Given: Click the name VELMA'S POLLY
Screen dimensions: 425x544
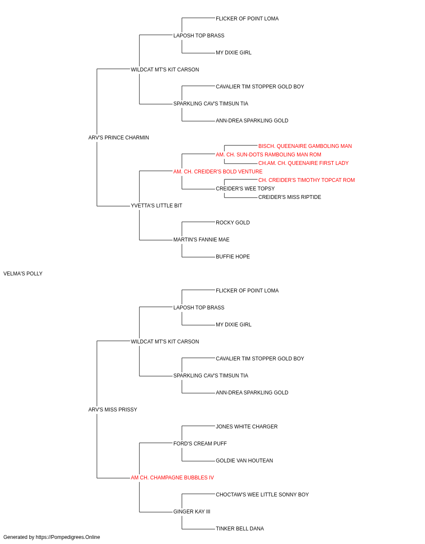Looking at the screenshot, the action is (x=23, y=274).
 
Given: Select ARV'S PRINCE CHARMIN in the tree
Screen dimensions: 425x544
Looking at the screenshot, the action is (x=119, y=138).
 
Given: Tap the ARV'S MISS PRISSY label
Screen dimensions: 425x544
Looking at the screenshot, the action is (x=113, y=410).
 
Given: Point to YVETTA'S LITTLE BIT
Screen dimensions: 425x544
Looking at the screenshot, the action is (x=156, y=206).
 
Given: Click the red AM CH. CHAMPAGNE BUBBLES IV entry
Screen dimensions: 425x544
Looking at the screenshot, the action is (x=172, y=478).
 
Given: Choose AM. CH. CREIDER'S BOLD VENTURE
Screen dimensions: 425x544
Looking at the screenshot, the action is (x=218, y=171).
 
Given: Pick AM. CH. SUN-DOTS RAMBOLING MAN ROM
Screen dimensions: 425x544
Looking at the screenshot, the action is (x=268, y=154).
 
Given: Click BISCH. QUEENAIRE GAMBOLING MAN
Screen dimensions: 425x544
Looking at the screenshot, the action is (x=305, y=146).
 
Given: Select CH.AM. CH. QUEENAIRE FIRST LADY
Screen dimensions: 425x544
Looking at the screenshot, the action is (x=303, y=163).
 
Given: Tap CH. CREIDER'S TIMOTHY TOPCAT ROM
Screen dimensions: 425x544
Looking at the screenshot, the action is (x=306, y=180).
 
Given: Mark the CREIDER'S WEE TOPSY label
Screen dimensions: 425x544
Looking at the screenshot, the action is (x=245, y=189).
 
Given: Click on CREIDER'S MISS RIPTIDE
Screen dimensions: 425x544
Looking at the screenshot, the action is (x=289, y=197).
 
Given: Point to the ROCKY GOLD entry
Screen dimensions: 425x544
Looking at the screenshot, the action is (x=233, y=223).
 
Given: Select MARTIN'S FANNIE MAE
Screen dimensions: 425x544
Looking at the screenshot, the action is (x=201, y=240).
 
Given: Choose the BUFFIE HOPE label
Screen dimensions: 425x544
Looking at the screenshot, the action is (x=233, y=257).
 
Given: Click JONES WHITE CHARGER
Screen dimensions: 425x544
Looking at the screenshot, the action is (x=246, y=427).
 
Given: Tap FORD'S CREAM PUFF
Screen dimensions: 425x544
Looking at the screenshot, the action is (x=200, y=444).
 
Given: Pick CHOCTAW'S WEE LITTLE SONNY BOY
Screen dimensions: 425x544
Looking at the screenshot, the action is (x=262, y=495).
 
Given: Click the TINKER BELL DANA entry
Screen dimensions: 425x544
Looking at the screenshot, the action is (x=240, y=529).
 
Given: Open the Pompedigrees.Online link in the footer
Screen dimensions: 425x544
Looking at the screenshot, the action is (x=68, y=537).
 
